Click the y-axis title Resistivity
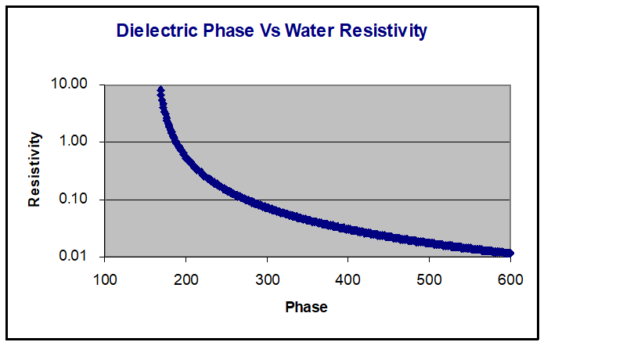click(x=34, y=170)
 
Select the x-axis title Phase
click(x=306, y=308)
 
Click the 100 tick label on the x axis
click(x=105, y=279)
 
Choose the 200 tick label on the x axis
click(x=186, y=279)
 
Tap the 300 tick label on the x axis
click(x=267, y=279)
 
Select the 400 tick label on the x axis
click(x=348, y=279)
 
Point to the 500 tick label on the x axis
click(x=430, y=279)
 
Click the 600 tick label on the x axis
click(x=510, y=279)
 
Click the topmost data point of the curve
click(x=160, y=90)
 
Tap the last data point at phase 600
click(x=510, y=253)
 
